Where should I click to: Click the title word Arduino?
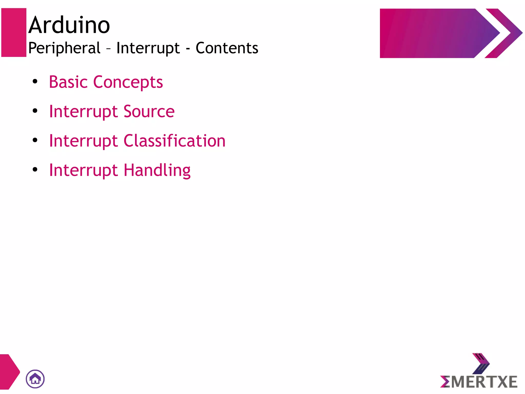[69, 25]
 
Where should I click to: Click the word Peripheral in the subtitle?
[64, 48]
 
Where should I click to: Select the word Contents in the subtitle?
[227, 48]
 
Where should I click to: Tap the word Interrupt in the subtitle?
[148, 48]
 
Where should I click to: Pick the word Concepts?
[128, 82]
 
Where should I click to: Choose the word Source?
[149, 111]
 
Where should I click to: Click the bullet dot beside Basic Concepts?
[35, 82]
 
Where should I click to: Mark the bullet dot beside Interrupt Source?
[35, 111]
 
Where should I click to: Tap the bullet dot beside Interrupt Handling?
[35, 169]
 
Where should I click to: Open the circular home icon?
[35, 379]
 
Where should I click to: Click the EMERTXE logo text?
[479, 382]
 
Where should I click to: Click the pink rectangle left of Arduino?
[14, 32]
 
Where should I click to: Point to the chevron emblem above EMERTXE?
[481, 363]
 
